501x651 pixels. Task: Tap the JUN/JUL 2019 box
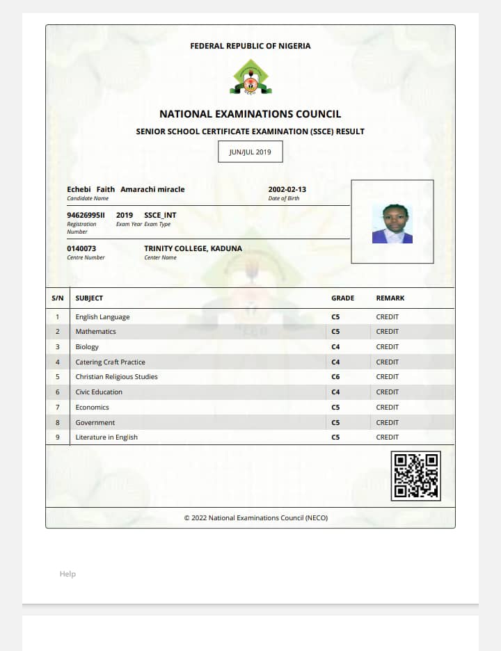pos(250,152)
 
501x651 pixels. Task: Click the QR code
pos(415,476)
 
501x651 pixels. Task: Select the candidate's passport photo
pos(392,223)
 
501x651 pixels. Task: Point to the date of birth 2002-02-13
pos(287,189)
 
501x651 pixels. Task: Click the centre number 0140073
pos(81,248)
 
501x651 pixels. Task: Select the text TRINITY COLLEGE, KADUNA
pos(193,248)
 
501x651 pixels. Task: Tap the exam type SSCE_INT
pos(160,215)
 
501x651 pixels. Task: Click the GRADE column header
pos(342,298)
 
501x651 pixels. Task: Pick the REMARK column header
pos(390,298)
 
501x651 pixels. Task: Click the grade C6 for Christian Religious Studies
pos(335,377)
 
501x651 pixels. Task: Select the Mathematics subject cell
pos(96,332)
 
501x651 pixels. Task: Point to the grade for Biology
pos(335,347)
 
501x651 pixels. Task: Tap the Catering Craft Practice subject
pos(110,362)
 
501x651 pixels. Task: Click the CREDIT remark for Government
pos(388,423)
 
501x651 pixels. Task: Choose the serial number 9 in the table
pos(58,437)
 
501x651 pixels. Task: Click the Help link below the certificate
pos(67,574)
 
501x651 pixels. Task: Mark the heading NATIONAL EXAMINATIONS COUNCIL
pos(250,114)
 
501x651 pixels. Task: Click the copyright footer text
pos(255,517)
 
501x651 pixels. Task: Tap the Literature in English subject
pos(106,437)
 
